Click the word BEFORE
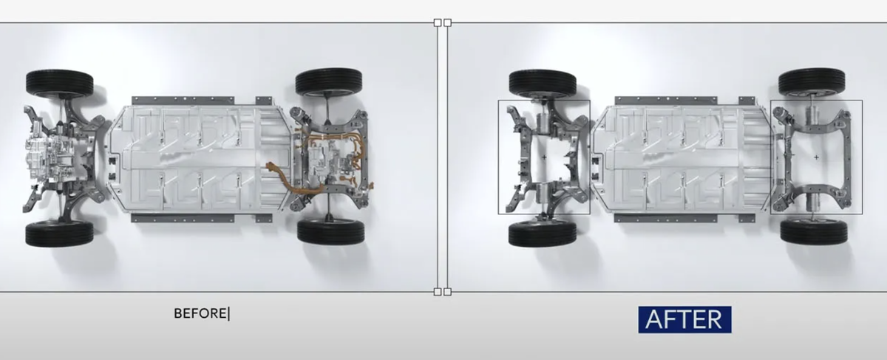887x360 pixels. coord(200,313)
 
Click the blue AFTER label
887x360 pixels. coord(684,319)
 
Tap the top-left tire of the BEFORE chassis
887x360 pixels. coord(60,83)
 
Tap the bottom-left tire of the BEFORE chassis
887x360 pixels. coord(59,234)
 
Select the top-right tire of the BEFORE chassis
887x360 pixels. coord(329,81)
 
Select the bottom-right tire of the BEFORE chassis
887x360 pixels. coord(330,232)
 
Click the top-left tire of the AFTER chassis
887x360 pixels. coord(543,83)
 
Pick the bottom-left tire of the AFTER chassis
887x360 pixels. coord(543,234)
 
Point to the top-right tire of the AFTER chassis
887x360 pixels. coord(812,81)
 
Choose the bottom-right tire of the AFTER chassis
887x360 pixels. coord(814,232)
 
